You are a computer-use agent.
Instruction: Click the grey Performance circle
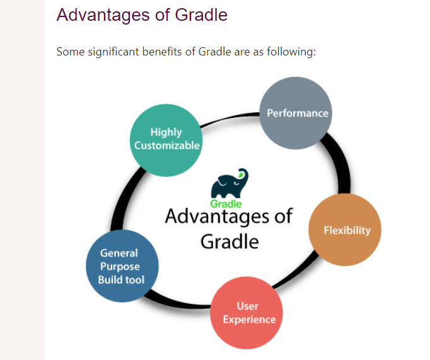tap(296, 113)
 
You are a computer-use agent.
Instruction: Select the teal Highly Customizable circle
tap(166, 141)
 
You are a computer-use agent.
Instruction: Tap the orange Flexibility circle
tap(345, 229)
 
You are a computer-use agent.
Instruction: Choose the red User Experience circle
tap(247, 313)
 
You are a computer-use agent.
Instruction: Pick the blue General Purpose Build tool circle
tap(122, 266)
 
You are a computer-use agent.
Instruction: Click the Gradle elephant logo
tap(230, 183)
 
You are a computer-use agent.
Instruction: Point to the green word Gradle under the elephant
tap(226, 204)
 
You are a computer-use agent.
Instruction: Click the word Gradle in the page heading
tap(201, 15)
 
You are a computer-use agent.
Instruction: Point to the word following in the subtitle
tap(291, 52)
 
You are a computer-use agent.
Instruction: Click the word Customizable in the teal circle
tap(167, 145)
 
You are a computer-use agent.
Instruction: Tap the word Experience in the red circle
tap(249, 320)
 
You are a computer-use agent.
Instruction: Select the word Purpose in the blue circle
tap(120, 267)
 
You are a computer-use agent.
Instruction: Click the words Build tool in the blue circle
tap(121, 280)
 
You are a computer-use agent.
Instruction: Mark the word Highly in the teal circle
tap(166, 132)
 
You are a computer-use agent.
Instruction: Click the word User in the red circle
tap(248, 306)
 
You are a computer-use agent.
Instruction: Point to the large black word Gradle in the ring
tap(230, 241)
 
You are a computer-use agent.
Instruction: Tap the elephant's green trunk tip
tap(241, 175)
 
